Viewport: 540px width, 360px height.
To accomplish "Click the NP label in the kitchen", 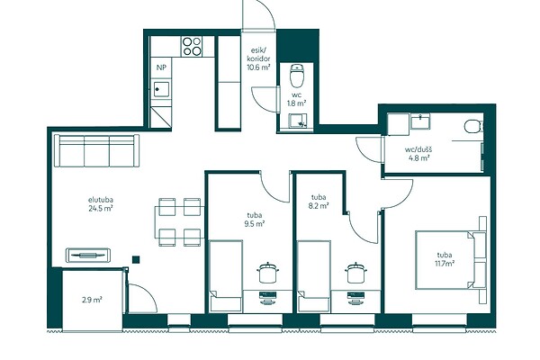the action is click(x=161, y=67).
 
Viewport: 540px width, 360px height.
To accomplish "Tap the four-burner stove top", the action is click(x=193, y=47).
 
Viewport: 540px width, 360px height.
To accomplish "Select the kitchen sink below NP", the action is click(x=161, y=89).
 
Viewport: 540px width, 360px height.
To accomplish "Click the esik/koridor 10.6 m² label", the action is click(x=258, y=58).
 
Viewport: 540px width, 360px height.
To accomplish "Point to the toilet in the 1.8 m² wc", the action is click(x=296, y=76).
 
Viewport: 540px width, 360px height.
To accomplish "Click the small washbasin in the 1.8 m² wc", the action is click(x=297, y=121).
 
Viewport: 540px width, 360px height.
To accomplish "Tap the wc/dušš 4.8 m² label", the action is click(x=418, y=154).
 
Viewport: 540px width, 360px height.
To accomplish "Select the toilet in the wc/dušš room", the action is click(x=473, y=126).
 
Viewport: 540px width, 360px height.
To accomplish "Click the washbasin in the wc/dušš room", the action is click(x=420, y=122).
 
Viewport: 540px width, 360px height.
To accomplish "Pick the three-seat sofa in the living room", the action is click(x=97, y=150).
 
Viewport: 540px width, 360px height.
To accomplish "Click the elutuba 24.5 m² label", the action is click(x=101, y=204).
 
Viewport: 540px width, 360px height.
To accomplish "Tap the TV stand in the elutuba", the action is click(x=88, y=256).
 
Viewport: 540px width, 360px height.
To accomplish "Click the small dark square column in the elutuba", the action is click(x=137, y=259).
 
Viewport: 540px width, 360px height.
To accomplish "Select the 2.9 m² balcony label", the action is click(x=92, y=300).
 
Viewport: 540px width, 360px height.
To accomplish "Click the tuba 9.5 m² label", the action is click(x=255, y=220).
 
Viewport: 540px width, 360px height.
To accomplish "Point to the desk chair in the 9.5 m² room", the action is click(x=268, y=272).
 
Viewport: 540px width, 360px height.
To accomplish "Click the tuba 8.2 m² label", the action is click(x=319, y=202).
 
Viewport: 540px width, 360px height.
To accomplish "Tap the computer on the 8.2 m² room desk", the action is click(x=355, y=297).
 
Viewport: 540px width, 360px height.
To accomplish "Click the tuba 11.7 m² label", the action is click(x=445, y=259).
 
